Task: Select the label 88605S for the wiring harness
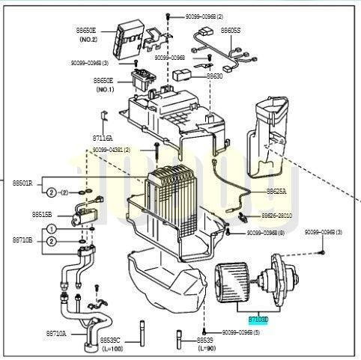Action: tap(230, 30)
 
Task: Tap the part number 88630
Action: tap(215, 76)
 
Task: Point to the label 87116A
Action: tap(103, 138)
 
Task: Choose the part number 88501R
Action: tap(22, 182)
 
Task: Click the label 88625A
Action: tap(276, 191)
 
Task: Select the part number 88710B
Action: tap(22, 240)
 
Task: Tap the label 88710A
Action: tap(56, 333)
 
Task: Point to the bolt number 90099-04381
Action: tap(112, 150)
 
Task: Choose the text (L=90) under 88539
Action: tap(207, 349)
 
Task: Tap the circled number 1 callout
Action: tap(50, 228)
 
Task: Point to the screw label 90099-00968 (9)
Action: tap(265, 233)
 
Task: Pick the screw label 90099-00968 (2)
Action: tap(198, 16)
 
